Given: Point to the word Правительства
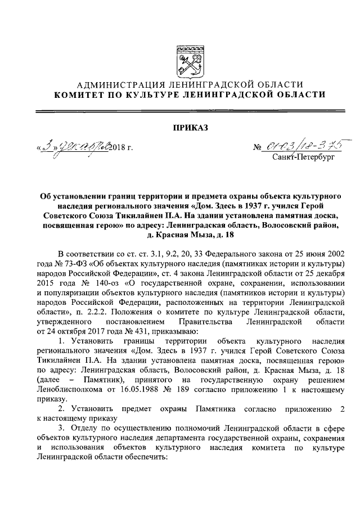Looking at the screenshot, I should click(218, 321).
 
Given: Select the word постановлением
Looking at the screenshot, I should click(151, 321).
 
